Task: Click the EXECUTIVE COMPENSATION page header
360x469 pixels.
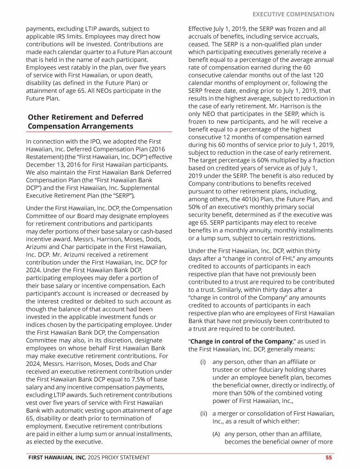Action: (x=293, y=14)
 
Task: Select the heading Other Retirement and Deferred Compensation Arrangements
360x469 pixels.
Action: (x=85, y=121)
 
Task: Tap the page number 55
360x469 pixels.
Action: (x=330, y=457)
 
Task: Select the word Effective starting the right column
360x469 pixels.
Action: (x=201, y=29)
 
